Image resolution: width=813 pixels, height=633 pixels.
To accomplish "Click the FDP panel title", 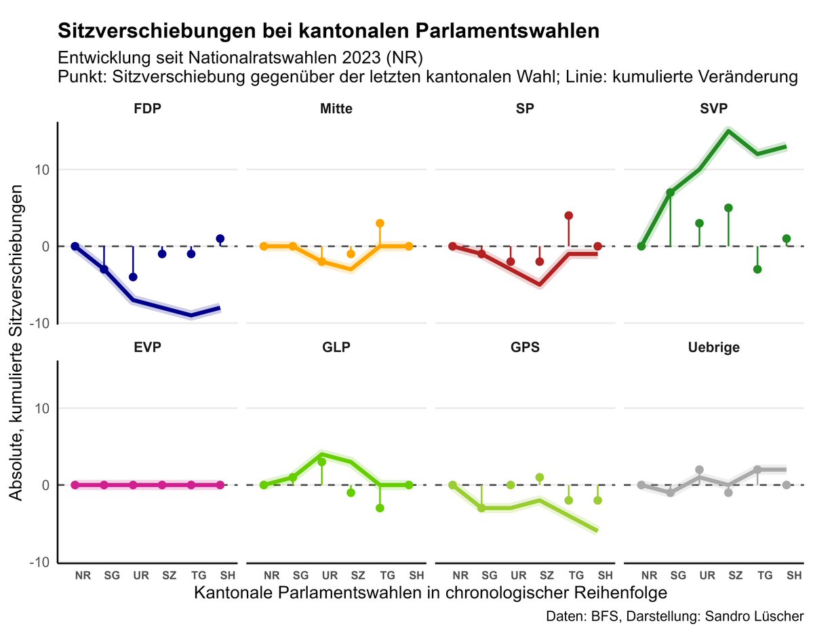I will click(147, 109).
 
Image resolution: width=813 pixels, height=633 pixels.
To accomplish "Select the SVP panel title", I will click(713, 109).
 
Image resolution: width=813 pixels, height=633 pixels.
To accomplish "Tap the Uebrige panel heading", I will click(713, 347).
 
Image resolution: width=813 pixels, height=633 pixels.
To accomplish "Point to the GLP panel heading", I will click(336, 347).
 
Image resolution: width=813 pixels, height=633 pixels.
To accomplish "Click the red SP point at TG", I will click(568, 216).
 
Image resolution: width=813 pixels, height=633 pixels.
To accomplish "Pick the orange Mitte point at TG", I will click(380, 223).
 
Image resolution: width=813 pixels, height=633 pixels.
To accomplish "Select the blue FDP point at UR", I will click(133, 277).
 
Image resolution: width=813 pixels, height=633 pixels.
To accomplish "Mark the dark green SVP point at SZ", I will click(728, 208).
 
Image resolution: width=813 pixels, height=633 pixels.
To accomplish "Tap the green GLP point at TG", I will click(380, 508).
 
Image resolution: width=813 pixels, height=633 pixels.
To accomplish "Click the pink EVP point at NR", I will click(75, 485).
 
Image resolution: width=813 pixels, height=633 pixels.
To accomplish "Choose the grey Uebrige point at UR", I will click(699, 469).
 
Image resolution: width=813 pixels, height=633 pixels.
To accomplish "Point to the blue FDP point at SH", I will click(220, 239).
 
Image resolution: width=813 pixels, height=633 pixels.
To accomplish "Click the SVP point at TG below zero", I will click(757, 269).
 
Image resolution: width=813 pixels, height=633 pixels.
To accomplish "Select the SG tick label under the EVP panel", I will click(112, 575).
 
